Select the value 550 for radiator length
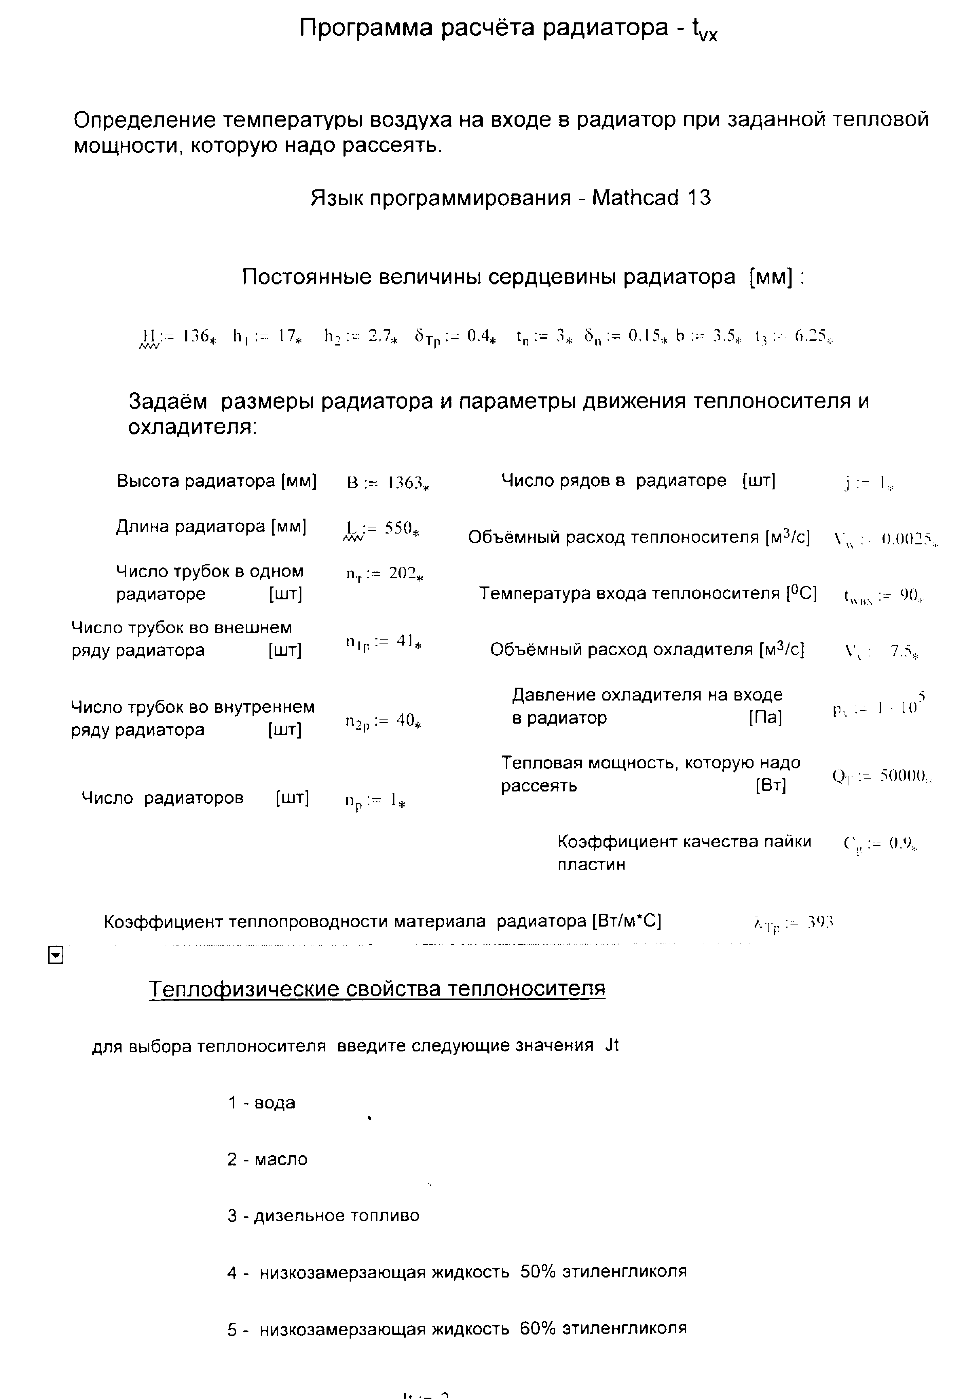398,528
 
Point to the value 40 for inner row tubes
404,720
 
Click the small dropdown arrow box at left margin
55,955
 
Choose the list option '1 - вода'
261,1102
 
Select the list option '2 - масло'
267,1159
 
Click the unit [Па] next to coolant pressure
765,717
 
